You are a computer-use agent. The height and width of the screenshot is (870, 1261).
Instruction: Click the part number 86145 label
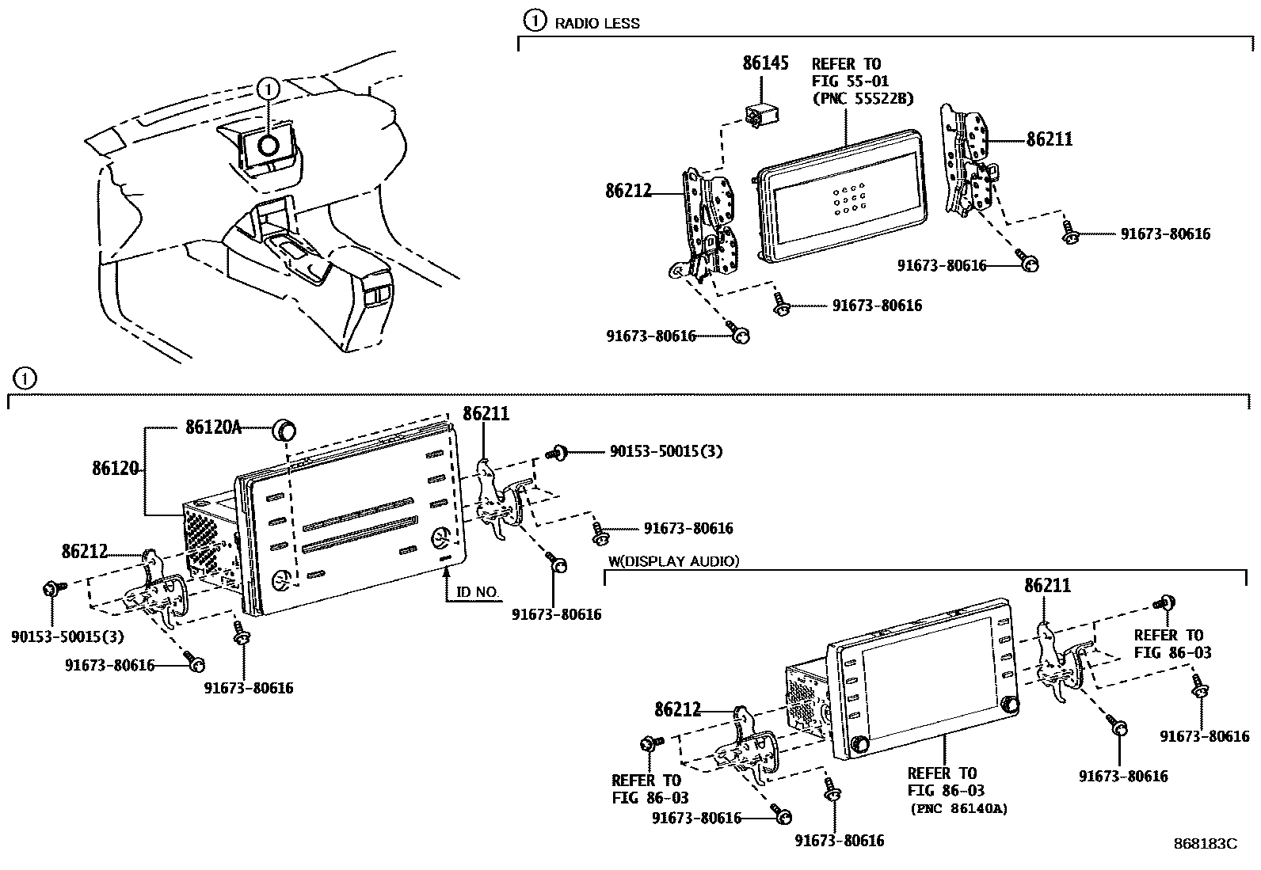pyautogui.click(x=765, y=63)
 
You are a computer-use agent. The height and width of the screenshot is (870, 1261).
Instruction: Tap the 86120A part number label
pyautogui.click(x=212, y=427)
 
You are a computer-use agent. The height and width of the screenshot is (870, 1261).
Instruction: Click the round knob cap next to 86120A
pyautogui.click(x=284, y=430)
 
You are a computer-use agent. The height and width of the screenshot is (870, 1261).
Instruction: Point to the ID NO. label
pyautogui.click(x=478, y=592)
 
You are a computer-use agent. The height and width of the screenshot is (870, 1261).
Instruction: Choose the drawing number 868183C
pyautogui.click(x=1205, y=843)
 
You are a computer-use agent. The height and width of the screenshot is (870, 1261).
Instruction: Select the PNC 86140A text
pyautogui.click(x=958, y=808)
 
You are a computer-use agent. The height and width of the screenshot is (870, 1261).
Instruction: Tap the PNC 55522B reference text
pyautogui.click(x=862, y=99)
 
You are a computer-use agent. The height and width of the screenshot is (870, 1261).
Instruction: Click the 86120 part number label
pyautogui.click(x=116, y=468)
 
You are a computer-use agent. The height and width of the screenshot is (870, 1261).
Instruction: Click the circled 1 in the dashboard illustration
pyautogui.click(x=269, y=88)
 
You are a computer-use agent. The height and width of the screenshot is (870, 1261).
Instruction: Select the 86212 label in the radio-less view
pyautogui.click(x=628, y=191)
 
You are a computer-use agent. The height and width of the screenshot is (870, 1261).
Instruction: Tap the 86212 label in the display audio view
pyautogui.click(x=677, y=709)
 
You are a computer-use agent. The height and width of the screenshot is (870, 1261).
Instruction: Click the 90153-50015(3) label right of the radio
pyautogui.click(x=665, y=451)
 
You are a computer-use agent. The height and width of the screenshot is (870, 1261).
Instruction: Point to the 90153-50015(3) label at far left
pyautogui.click(x=67, y=636)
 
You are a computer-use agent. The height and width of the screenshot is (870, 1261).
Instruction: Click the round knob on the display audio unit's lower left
pyautogui.click(x=860, y=744)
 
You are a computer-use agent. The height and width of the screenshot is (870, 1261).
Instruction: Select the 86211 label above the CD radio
pyautogui.click(x=486, y=413)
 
